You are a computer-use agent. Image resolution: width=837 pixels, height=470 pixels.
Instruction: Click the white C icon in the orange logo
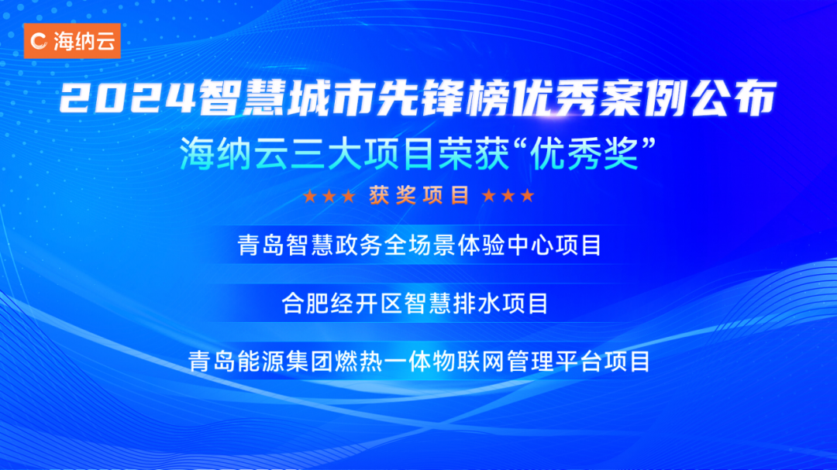[x=39, y=41]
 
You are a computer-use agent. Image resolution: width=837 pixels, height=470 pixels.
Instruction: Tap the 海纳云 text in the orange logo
[x=84, y=41]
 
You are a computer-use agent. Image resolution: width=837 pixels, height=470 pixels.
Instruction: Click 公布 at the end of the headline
[x=733, y=98]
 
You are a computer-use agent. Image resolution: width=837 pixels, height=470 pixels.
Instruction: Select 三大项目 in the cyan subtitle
[x=363, y=154]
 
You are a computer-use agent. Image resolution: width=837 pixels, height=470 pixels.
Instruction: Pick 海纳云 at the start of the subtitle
[x=234, y=154]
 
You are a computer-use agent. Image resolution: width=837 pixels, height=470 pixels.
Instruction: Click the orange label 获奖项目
[x=419, y=196]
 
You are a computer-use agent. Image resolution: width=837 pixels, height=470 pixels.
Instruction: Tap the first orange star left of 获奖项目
[x=309, y=197]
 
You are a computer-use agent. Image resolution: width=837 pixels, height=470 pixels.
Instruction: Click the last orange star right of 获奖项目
[x=528, y=196]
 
